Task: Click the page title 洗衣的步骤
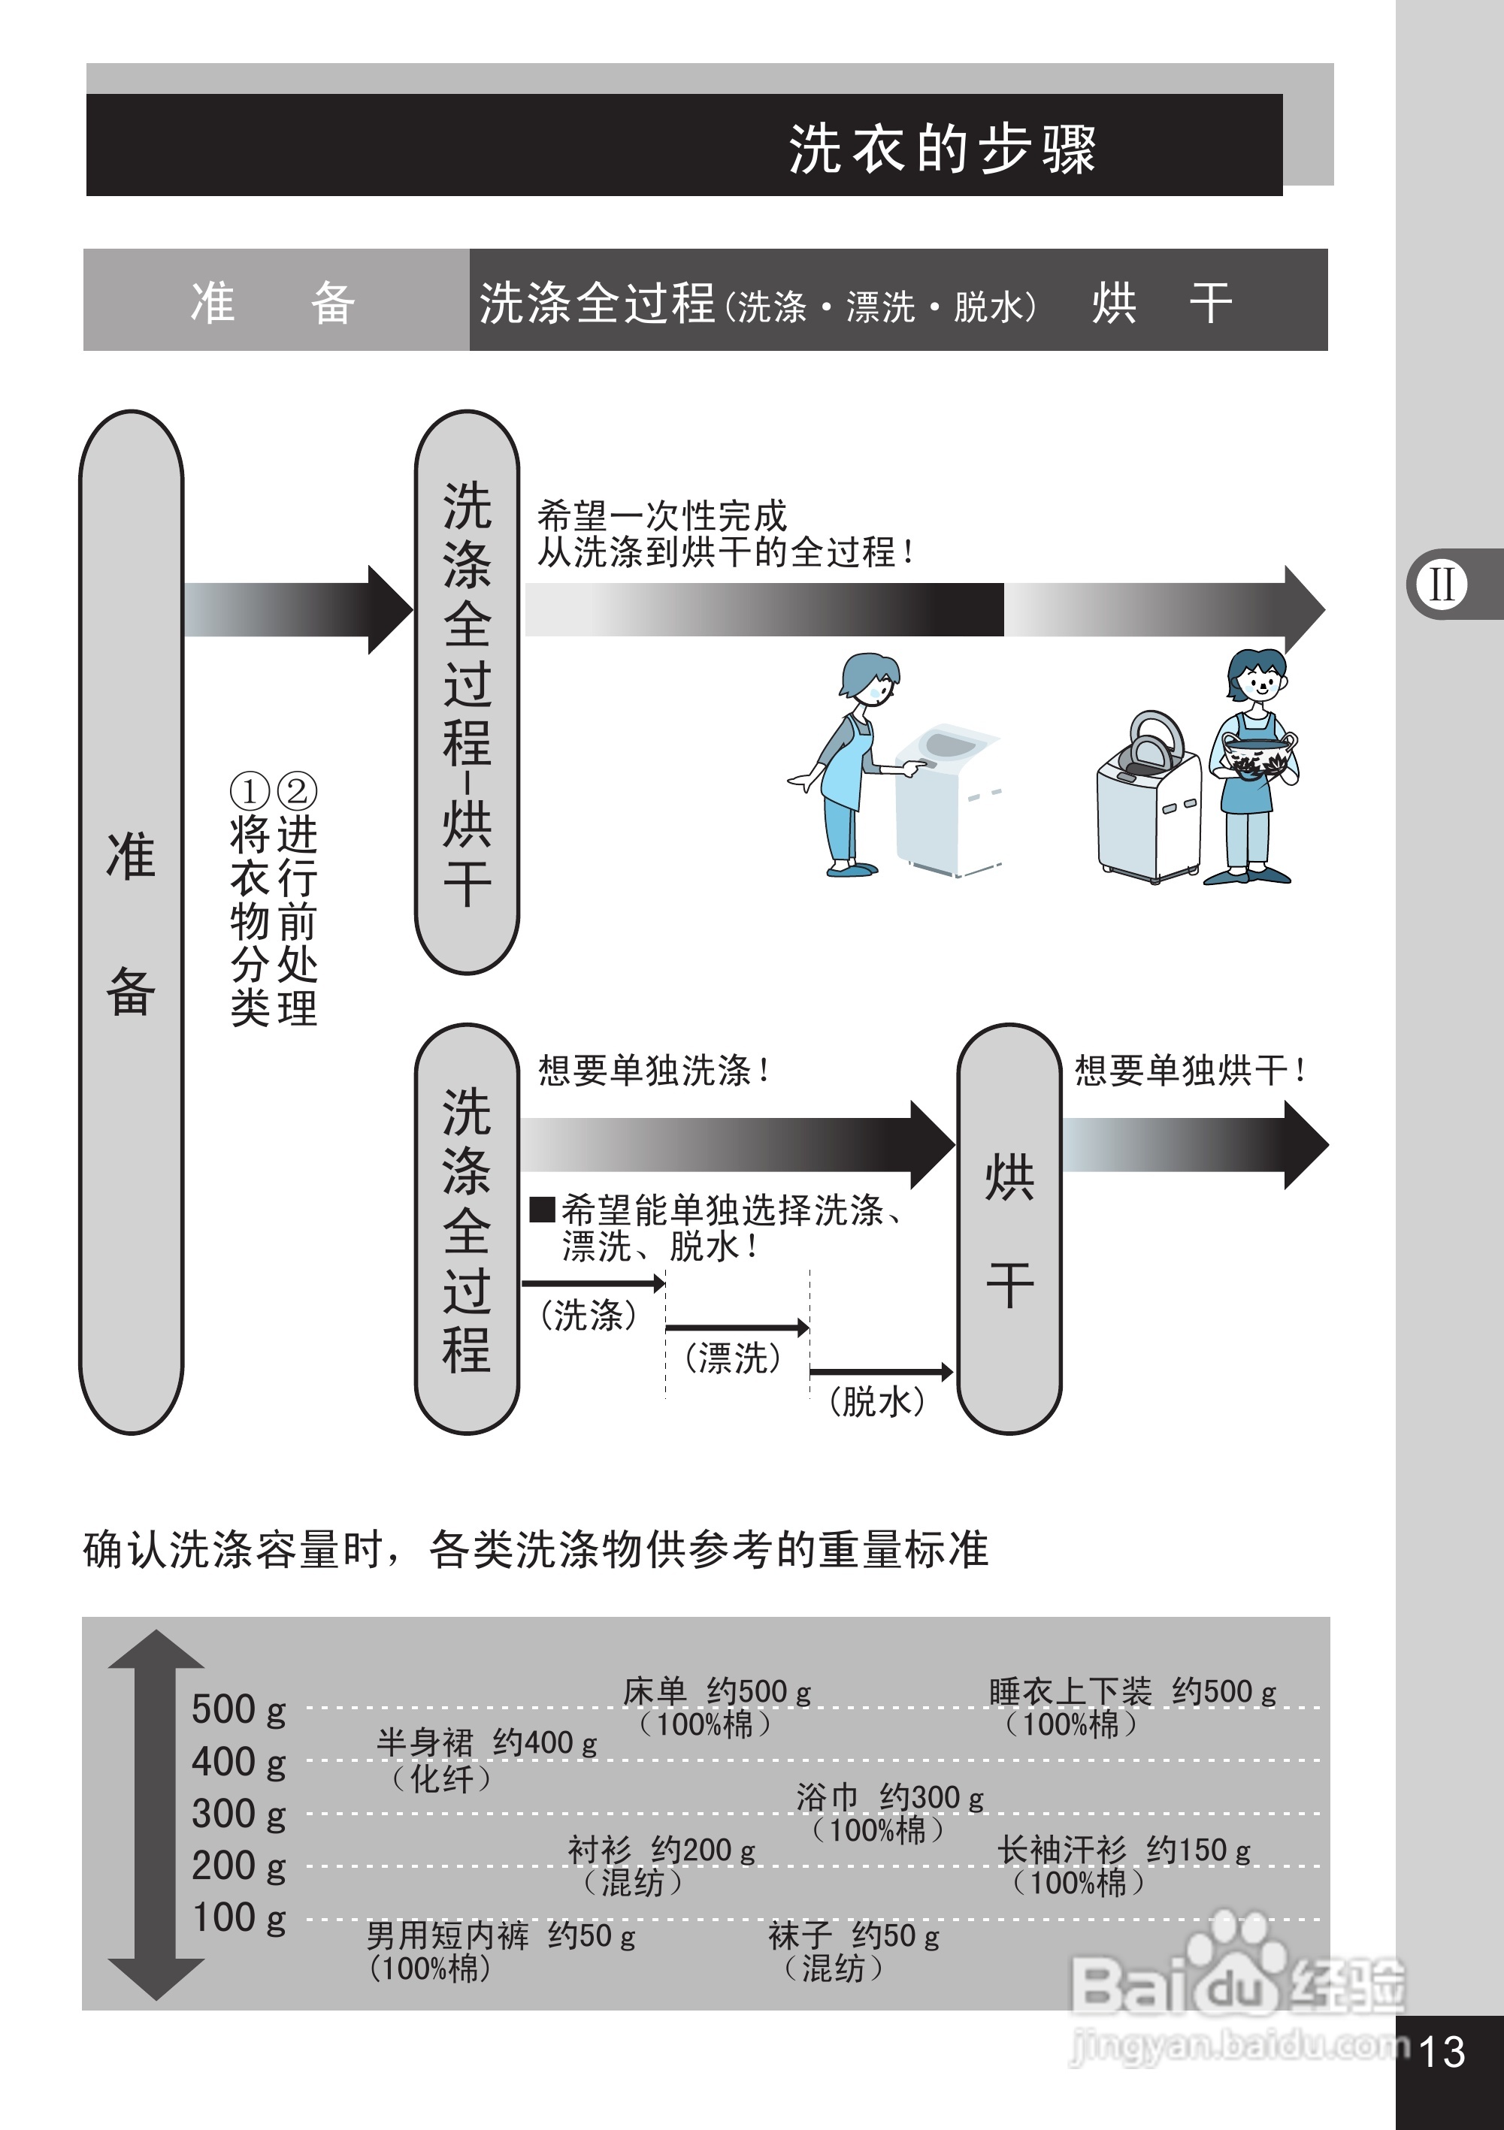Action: pyautogui.click(x=942, y=149)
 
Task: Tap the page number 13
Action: pyautogui.click(x=1443, y=2051)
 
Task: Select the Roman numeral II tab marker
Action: pyautogui.click(x=1442, y=585)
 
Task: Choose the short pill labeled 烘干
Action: pyautogui.click(x=1009, y=1228)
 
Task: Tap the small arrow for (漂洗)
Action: pyautogui.click(x=737, y=1328)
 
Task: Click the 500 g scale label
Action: pyautogui.click(x=238, y=1709)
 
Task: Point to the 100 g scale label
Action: pyautogui.click(x=238, y=1917)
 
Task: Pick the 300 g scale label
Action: pyautogui.click(x=238, y=1814)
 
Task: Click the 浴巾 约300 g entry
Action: pyautogui.click(x=889, y=1798)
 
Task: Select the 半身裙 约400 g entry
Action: pyautogui.click(x=486, y=1743)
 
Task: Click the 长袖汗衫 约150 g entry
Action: pyautogui.click(x=1124, y=1850)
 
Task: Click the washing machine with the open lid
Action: pyautogui.click(x=1147, y=798)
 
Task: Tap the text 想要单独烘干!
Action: pyautogui.click(x=1190, y=1071)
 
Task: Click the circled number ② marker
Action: pyautogui.click(x=297, y=791)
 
